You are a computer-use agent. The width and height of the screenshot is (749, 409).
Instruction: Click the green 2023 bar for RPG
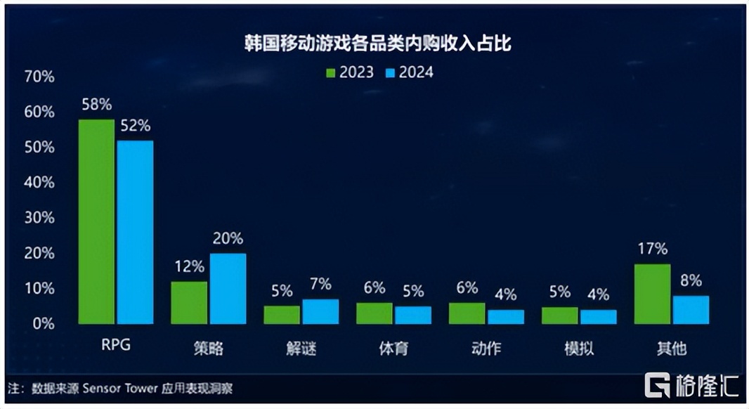tap(96, 221)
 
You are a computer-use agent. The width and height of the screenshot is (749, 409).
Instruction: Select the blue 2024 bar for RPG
tap(135, 232)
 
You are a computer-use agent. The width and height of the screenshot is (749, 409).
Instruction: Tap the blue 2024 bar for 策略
tap(228, 288)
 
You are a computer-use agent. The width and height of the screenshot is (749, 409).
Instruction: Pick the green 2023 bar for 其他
tap(652, 294)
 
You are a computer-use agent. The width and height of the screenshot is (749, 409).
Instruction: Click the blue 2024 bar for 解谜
tap(320, 311)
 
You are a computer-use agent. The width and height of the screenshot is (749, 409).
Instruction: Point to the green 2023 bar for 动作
tap(467, 313)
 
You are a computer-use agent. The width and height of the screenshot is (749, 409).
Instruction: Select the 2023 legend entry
tap(349, 72)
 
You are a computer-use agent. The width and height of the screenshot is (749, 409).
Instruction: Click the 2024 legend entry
tap(409, 72)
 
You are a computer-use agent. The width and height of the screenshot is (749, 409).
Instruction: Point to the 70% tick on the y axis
tap(39, 77)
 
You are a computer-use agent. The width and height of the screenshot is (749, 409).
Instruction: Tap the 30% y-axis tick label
tap(39, 218)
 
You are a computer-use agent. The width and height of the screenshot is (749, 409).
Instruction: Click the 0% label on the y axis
tap(43, 324)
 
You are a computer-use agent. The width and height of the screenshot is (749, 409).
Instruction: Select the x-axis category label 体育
tap(393, 348)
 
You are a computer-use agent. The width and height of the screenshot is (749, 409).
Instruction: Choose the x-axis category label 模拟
tap(579, 348)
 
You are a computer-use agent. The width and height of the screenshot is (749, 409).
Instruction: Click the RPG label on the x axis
tap(116, 346)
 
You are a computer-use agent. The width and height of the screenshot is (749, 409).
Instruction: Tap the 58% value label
tap(96, 105)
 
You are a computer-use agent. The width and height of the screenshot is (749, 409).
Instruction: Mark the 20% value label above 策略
tap(228, 239)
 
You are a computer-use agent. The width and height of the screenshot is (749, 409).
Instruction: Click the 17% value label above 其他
tap(652, 249)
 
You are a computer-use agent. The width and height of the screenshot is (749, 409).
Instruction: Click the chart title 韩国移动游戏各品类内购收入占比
tap(373, 44)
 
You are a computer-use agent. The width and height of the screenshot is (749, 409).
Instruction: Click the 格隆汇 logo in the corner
tap(691, 385)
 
